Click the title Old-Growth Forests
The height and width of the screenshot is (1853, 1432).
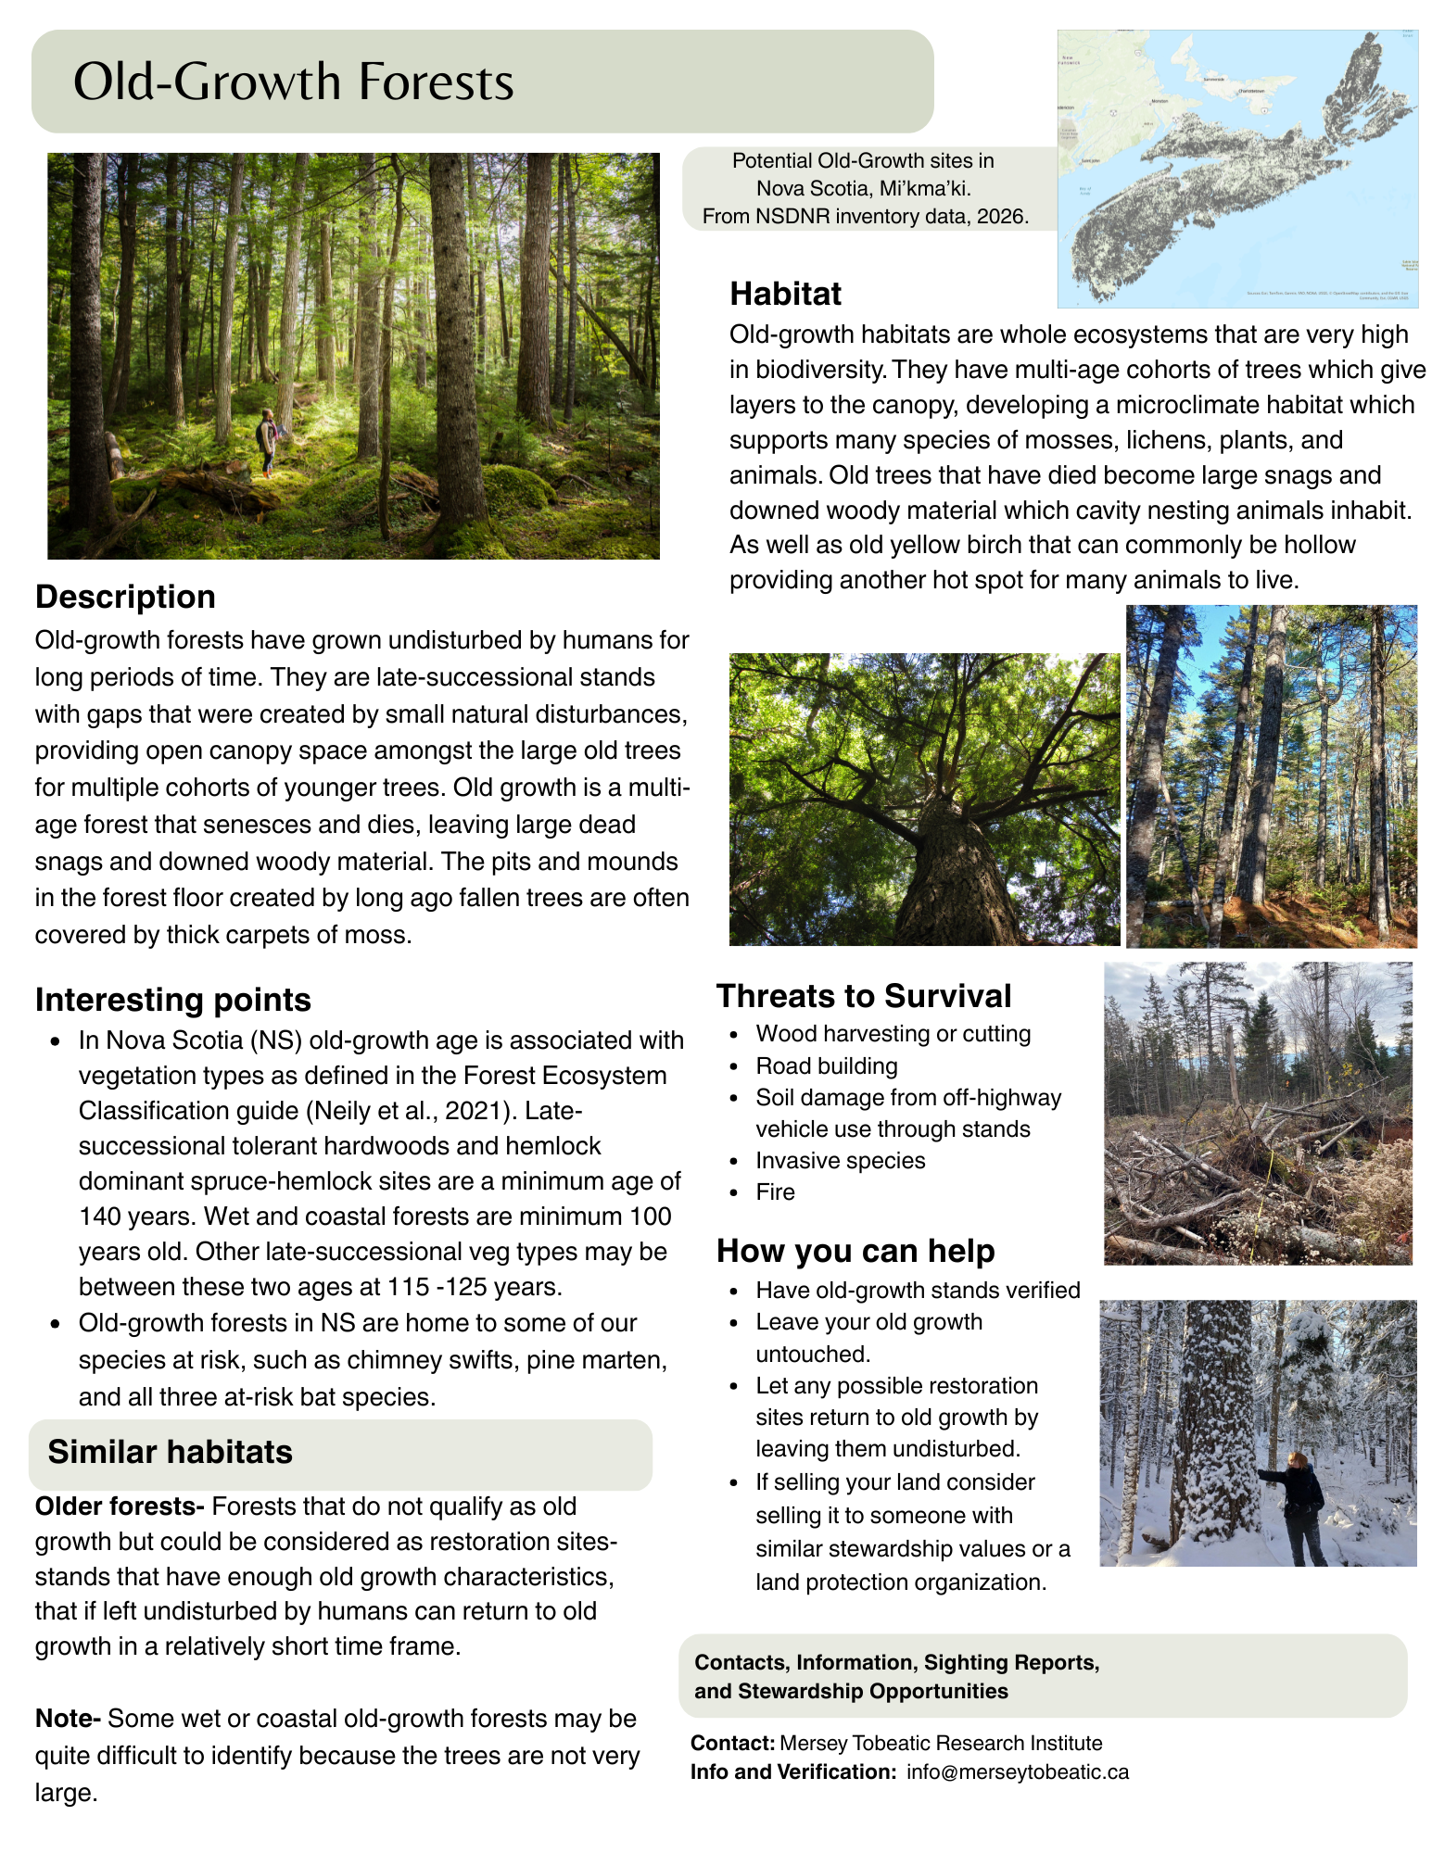[293, 82]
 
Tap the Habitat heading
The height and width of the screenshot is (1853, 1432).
[785, 294]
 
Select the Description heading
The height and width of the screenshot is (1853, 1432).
[125, 597]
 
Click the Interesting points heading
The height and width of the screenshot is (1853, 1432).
[172, 1000]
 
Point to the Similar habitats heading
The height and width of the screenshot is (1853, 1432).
[170, 1452]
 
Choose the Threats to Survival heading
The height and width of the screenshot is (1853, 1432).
[863, 996]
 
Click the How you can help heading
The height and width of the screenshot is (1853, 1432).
[855, 1251]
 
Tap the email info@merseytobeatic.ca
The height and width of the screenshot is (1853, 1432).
[1017, 1772]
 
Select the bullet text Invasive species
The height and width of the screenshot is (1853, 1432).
[840, 1161]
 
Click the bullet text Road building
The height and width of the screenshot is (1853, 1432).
[826, 1066]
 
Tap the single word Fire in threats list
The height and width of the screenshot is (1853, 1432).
[775, 1192]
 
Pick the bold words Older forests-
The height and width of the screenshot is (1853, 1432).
[120, 1506]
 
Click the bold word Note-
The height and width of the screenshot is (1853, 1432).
[68, 1719]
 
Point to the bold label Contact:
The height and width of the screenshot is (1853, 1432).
[732, 1744]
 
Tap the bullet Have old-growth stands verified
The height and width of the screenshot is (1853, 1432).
[918, 1291]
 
